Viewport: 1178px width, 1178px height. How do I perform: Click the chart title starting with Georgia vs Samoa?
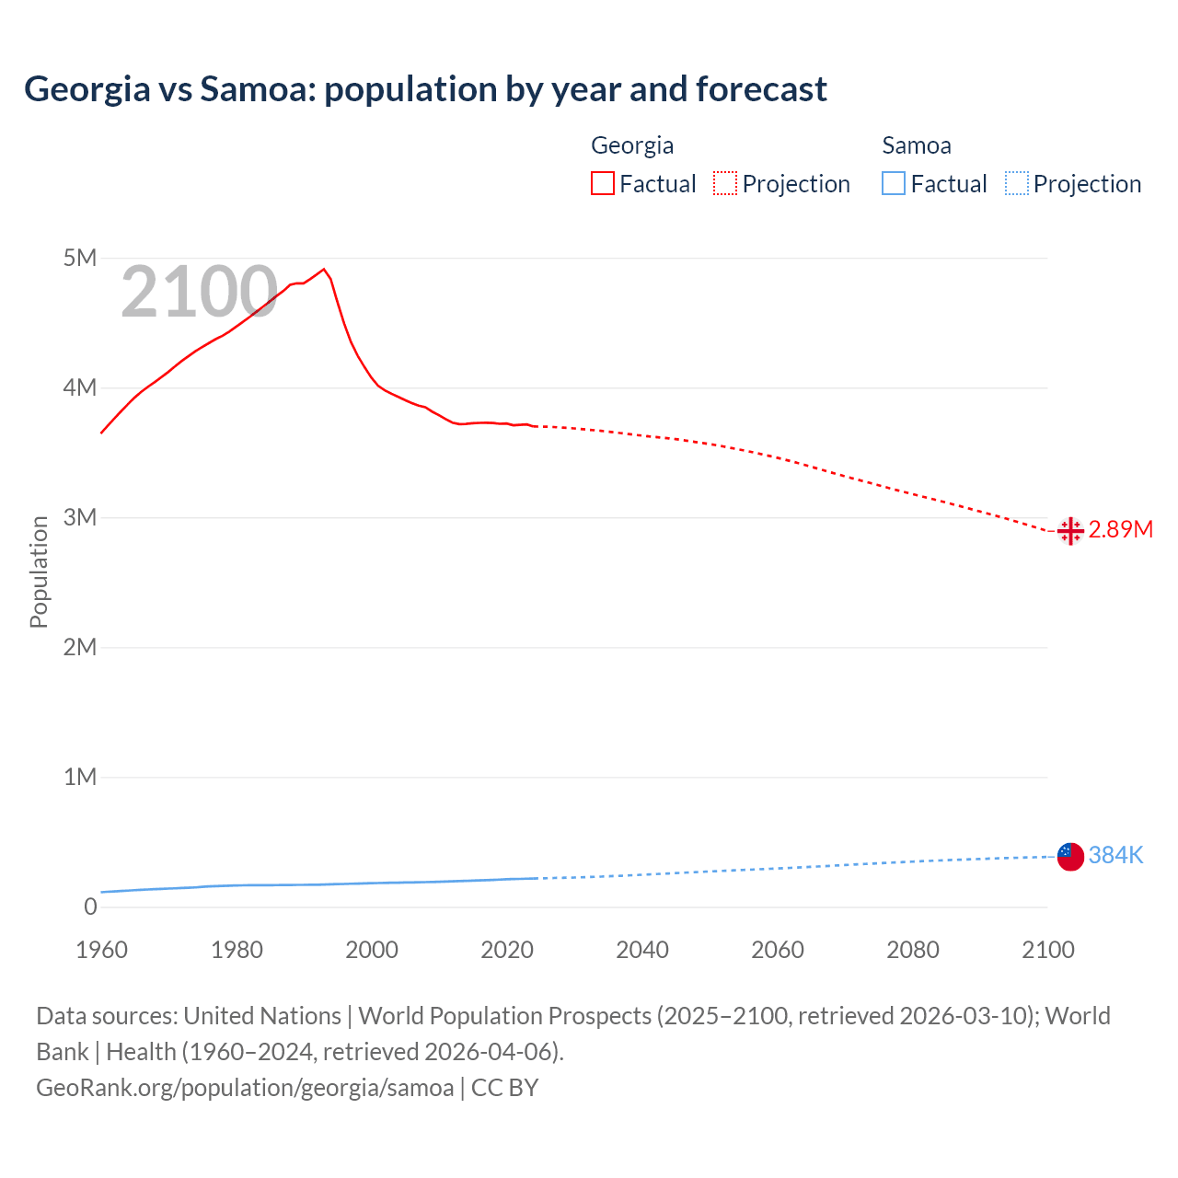pyautogui.click(x=425, y=89)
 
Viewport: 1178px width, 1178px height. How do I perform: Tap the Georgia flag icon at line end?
pyautogui.click(x=1070, y=531)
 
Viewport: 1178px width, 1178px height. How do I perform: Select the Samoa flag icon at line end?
pyautogui.click(x=1070, y=856)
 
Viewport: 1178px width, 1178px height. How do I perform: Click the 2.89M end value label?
pyautogui.click(x=1120, y=529)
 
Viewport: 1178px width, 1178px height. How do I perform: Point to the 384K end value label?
pyautogui.click(x=1115, y=855)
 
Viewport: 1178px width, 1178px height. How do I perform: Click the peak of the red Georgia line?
pyautogui.click(x=323, y=270)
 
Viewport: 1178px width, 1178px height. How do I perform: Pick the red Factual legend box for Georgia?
pyautogui.click(x=603, y=184)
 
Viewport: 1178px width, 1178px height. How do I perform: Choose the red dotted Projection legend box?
pyautogui.click(x=725, y=184)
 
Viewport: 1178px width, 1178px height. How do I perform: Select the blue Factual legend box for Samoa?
pyautogui.click(x=894, y=184)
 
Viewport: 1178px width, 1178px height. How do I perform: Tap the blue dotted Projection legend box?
pyautogui.click(x=1017, y=184)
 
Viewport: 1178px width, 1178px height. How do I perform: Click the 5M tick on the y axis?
pyautogui.click(x=80, y=258)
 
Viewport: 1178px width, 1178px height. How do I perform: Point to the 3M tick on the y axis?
pyautogui.click(x=80, y=517)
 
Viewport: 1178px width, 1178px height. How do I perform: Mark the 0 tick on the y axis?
pyautogui.click(x=90, y=907)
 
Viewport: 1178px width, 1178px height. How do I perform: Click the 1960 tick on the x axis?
pyautogui.click(x=101, y=950)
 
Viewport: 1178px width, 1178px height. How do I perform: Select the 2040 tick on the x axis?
pyautogui.click(x=642, y=950)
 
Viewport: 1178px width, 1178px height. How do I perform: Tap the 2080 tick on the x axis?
pyautogui.click(x=913, y=950)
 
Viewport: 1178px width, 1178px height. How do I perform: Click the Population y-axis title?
pyautogui.click(x=39, y=572)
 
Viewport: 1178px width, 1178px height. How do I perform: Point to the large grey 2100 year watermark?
pyautogui.click(x=199, y=292)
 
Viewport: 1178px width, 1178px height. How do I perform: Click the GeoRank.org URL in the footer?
pyautogui.click(x=245, y=1088)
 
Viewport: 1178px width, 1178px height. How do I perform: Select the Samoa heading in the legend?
pyautogui.click(x=917, y=145)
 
